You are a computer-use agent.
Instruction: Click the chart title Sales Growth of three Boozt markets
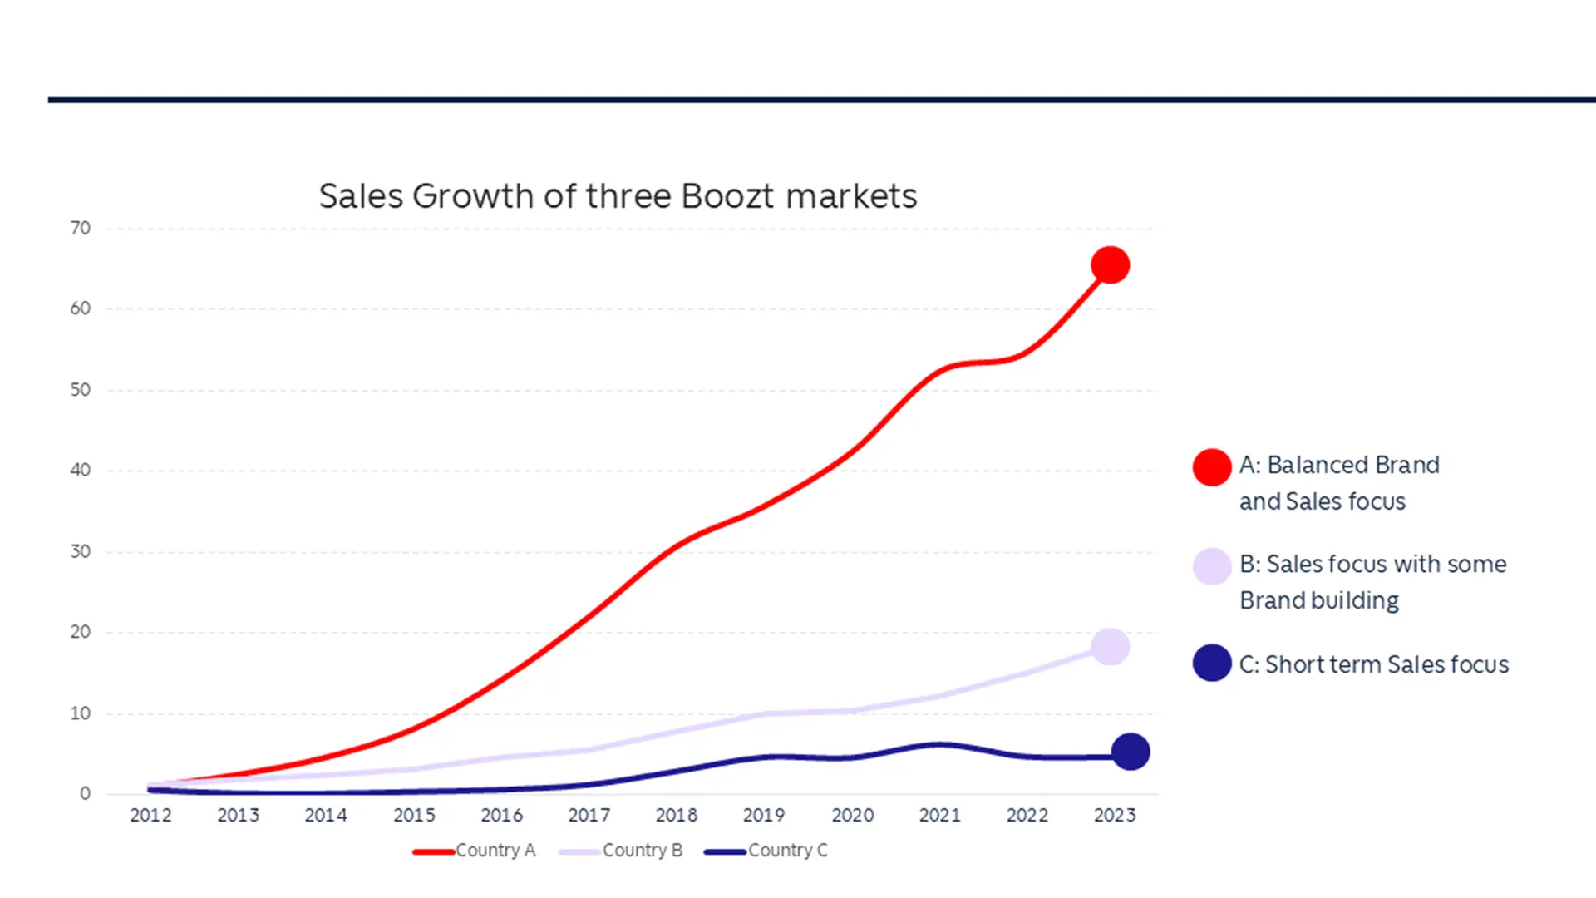618,196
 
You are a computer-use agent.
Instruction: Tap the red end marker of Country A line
1110,265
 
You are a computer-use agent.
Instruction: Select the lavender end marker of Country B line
1110,646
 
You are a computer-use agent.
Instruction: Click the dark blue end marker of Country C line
1130,752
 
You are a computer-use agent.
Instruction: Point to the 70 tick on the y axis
81,228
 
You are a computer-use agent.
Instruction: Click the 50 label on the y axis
81,390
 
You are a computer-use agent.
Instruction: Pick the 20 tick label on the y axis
81,632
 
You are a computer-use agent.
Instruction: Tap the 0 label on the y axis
85,794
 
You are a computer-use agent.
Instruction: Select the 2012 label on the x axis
150,816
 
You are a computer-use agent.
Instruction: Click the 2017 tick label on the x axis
589,816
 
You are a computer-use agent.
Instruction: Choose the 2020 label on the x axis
853,816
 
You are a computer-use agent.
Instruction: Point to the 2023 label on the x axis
1115,816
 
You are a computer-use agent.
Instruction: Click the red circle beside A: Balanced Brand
1212,467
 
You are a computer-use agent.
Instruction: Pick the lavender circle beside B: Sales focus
1212,566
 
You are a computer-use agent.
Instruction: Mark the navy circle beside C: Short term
1212,664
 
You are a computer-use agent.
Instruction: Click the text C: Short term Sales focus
1373,664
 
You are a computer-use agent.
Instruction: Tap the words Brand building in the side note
1319,600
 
